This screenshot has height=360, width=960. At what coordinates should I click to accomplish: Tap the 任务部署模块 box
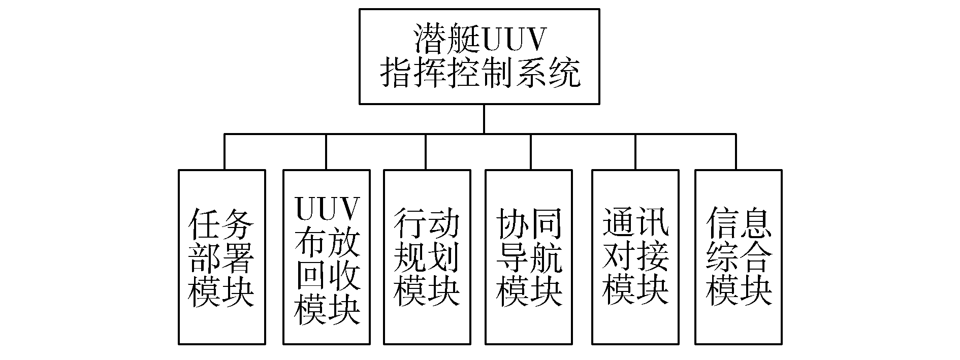pyautogui.click(x=222, y=257)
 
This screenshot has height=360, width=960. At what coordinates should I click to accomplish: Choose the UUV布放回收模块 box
pyautogui.click(x=326, y=257)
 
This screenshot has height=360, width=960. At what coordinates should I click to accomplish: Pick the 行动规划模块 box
pyautogui.click(x=427, y=257)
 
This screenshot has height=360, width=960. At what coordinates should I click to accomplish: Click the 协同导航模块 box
pyautogui.click(x=530, y=257)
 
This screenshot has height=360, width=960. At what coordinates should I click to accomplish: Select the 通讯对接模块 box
pyautogui.click(x=635, y=257)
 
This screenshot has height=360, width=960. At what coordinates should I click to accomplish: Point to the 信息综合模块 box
pyautogui.click(x=738, y=257)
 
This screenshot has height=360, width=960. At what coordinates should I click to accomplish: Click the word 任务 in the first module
pyautogui.click(x=221, y=224)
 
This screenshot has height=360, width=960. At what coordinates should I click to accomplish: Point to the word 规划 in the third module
pyautogui.click(x=427, y=258)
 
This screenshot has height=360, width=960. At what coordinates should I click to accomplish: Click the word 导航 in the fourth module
pyautogui.click(x=530, y=258)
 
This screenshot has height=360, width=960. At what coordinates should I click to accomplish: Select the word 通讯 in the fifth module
pyautogui.click(x=635, y=224)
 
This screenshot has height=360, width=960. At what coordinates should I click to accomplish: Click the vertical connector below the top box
pyautogui.click(x=484, y=119)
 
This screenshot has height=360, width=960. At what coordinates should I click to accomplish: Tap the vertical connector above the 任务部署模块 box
pyautogui.click(x=225, y=152)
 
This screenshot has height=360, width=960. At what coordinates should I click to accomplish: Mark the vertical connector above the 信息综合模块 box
pyautogui.click(x=735, y=152)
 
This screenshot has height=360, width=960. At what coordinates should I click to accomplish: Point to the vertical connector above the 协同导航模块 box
pyautogui.click(x=531, y=152)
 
